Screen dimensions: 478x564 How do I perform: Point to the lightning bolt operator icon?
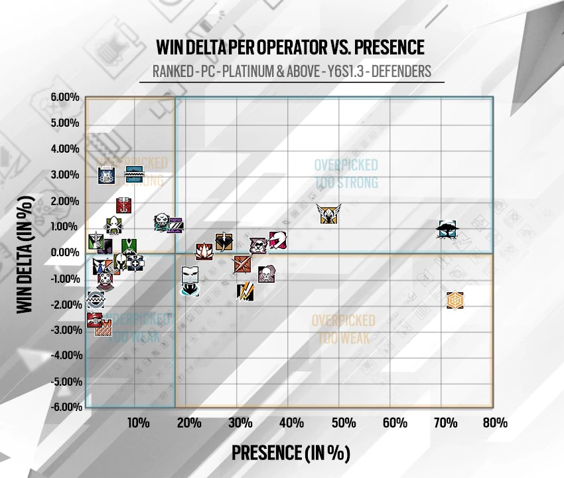(x=245, y=291)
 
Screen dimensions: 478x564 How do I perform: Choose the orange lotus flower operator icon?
(x=204, y=251)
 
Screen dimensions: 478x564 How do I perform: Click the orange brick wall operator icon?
(x=103, y=327)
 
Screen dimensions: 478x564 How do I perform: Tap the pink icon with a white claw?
(x=278, y=240)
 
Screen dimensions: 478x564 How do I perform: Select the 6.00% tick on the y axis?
(x=65, y=98)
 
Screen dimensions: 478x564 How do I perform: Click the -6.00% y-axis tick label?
(x=65, y=407)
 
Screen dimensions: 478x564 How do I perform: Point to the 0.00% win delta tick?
(x=65, y=252)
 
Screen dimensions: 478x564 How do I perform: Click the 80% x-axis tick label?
(x=495, y=423)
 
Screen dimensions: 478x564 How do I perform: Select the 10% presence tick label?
(x=137, y=423)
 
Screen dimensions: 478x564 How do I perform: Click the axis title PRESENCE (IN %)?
(x=290, y=453)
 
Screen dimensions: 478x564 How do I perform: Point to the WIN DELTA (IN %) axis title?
(x=25, y=254)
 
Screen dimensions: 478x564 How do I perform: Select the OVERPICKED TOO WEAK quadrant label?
(x=343, y=329)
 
